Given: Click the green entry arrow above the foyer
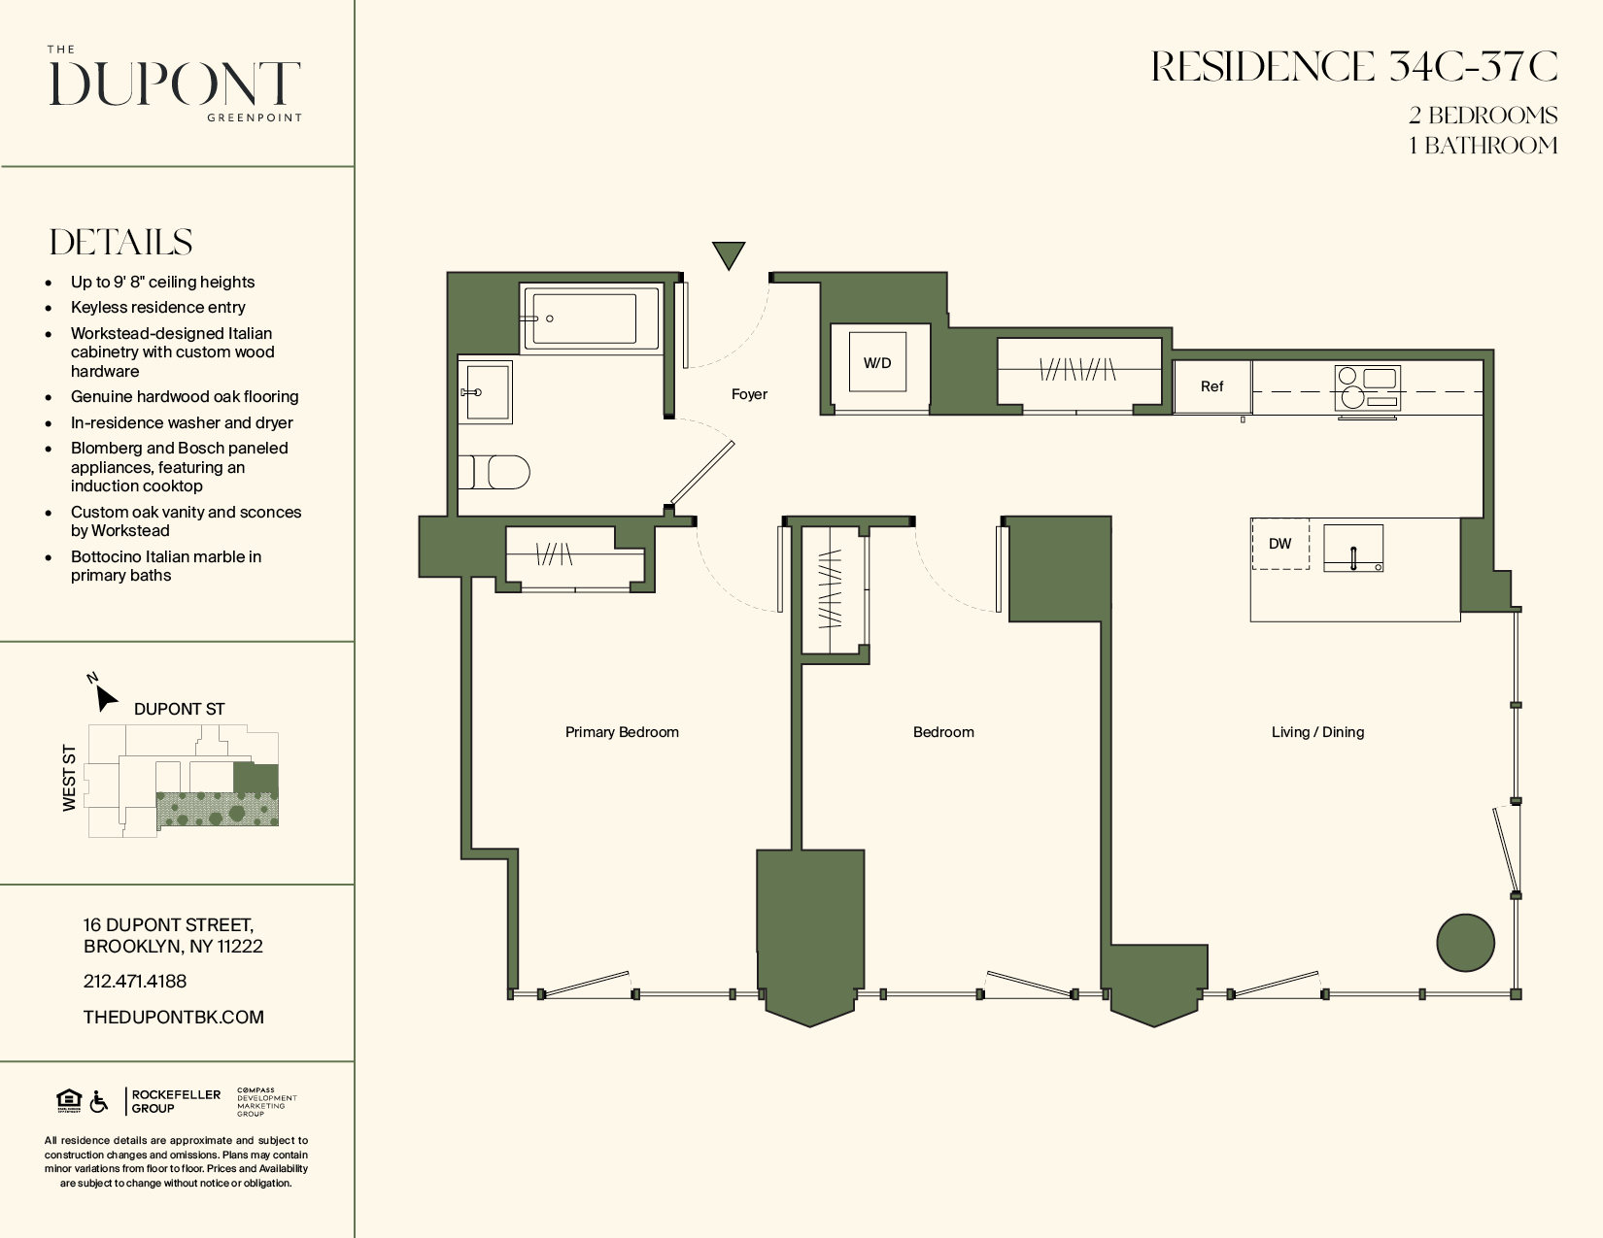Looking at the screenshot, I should click(x=728, y=254).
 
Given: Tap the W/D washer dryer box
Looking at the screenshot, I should click(x=877, y=362).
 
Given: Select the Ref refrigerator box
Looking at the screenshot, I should click(x=1211, y=386).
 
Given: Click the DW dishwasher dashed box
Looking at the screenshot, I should click(x=1279, y=544).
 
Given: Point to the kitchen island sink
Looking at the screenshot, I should click(x=1353, y=549).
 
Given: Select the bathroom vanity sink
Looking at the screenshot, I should click(x=486, y=392).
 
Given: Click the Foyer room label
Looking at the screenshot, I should click(x=749, y=394).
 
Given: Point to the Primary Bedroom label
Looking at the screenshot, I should click(x=622, y=732).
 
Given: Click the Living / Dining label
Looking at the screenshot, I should click(x=1317, y=732).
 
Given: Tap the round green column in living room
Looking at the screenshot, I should click(x=1465, y=942).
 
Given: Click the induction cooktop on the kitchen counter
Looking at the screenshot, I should click(x=1367, y=388).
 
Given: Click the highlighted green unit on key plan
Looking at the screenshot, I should click(x=256, y=778).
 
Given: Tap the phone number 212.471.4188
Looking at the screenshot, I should click(x=135, y=982).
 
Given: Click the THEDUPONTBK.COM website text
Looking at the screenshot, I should click(x=174, y=1017).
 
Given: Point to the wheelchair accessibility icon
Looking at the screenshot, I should click(x=99, y=1102).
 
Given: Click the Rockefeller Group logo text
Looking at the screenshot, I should click(x=176, y=1101).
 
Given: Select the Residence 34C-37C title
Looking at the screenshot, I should click(x=1354, y=67).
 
